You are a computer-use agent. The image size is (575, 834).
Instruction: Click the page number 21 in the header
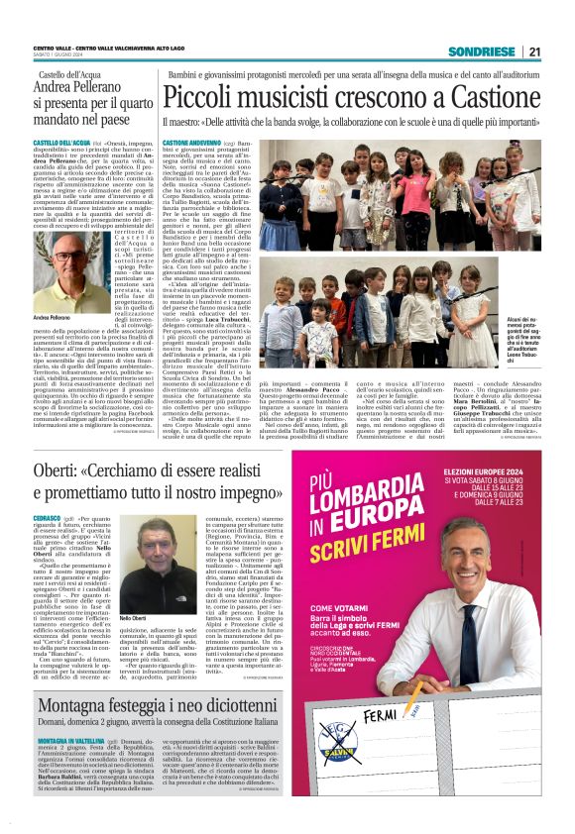coord(534,52)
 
